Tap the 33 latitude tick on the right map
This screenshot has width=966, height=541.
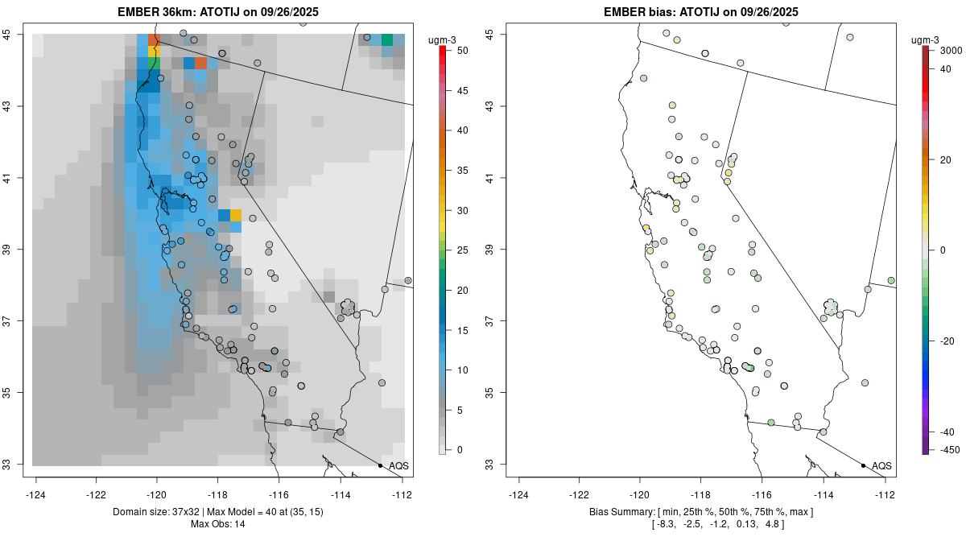pos(492,465)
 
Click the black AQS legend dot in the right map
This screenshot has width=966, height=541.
pos(863,466)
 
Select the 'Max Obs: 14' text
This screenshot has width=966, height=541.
pos(218,524)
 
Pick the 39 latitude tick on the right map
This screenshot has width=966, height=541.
pos(492,250)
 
